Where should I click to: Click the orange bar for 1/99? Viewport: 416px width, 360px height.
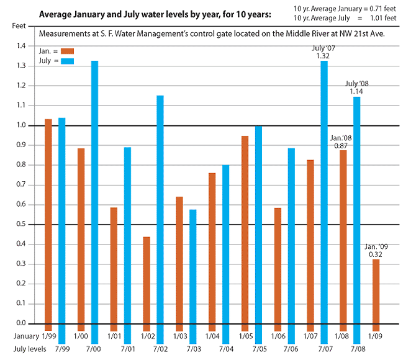pos(48,223)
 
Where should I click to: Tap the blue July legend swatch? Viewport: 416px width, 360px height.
pos(67,61)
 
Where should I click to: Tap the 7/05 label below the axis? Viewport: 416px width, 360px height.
pos(260,349)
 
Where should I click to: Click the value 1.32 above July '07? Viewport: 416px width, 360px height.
pos(323,56)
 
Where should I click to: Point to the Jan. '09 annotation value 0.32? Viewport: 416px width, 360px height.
pos(376,254)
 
